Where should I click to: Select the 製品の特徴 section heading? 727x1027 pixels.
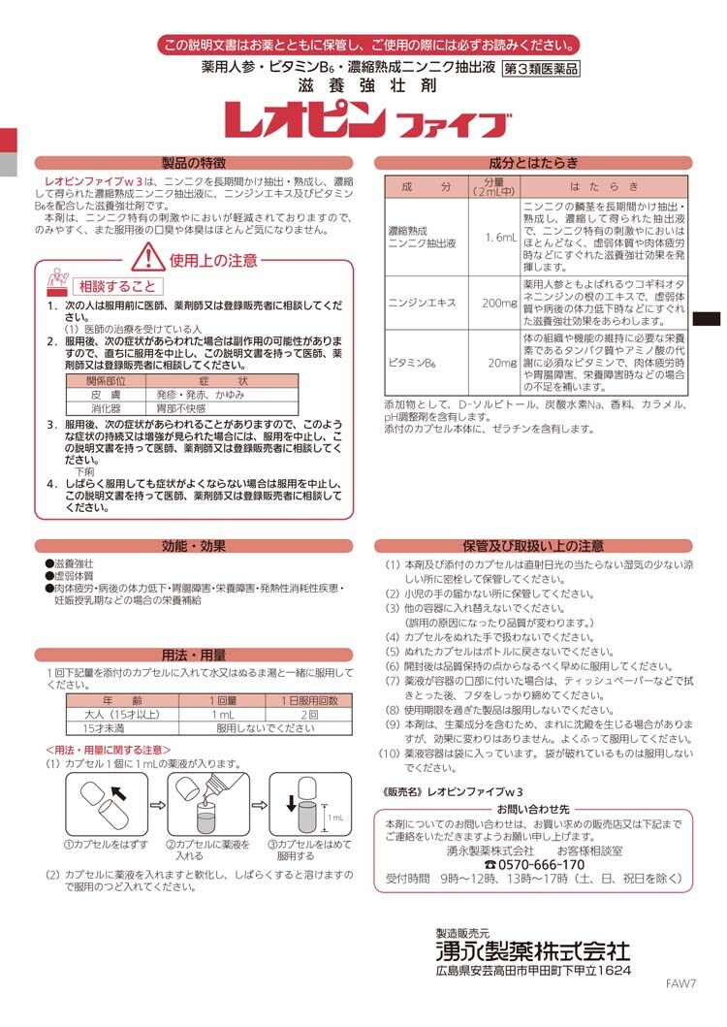(x=193, y=163)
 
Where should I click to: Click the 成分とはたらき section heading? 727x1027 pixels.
(x=533, y=163)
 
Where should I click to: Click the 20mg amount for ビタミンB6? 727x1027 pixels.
(x=501, y=362)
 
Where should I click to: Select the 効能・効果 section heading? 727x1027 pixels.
(x=193, y=546)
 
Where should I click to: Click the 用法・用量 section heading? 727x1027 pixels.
(x=193, y=654)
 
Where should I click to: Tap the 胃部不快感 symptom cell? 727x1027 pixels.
(x=180, y=408)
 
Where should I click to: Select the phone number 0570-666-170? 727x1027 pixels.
(x=534, y=864)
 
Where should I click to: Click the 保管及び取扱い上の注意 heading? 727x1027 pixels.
(x=533, y=546)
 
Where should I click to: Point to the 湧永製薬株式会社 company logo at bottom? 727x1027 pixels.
(x=532, y=951)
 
